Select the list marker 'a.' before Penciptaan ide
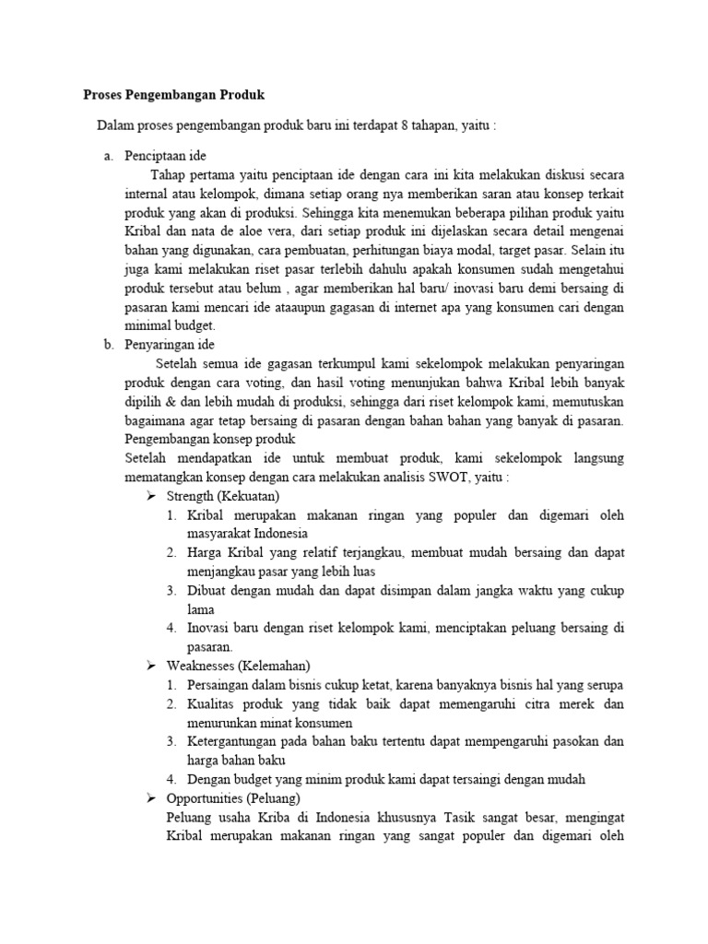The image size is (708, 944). pyautogui.click(x=108, y=157)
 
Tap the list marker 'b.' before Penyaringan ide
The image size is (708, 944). pyautogui.click(x=108, y=344)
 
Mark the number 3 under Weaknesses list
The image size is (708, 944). pyautogui.click(x=171, y=741)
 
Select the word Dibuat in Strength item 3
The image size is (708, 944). pyautogui.click(x=206, y=591)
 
